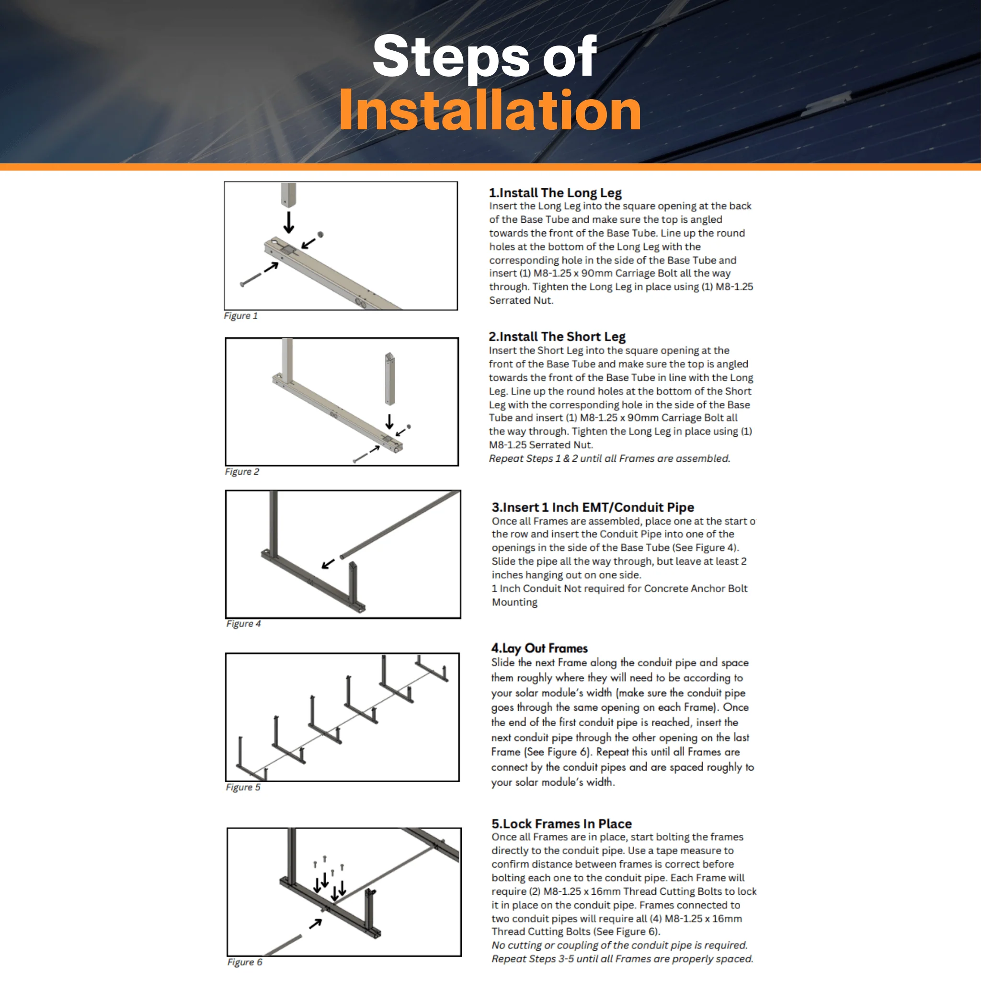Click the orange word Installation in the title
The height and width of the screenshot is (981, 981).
[490, 110]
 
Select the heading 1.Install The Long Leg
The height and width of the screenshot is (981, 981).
[555, 193]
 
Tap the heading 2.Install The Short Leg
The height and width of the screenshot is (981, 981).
[557, 337]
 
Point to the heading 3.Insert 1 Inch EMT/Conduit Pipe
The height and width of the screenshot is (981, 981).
[593, 507]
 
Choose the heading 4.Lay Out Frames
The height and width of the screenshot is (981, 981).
[539, 649]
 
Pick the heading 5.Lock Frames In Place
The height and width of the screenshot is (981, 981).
[561, 823]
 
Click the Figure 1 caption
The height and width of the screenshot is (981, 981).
[240, 316]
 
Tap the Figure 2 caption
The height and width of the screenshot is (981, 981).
[242, 472]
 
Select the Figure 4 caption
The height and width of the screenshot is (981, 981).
[243, 624]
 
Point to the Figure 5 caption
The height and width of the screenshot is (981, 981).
[243, 787]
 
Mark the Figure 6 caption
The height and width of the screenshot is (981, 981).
[245, 962]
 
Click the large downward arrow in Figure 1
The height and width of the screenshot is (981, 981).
[288, 222]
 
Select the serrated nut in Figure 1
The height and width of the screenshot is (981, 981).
[320, 234]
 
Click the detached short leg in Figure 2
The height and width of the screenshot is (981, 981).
[389, 379]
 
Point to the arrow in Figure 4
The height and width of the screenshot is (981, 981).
[328, 564]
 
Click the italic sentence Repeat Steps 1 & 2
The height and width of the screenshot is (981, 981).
[609, 458]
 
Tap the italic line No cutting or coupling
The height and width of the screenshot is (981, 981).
[619, 946]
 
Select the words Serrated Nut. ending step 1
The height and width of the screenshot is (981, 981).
[521, 300]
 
